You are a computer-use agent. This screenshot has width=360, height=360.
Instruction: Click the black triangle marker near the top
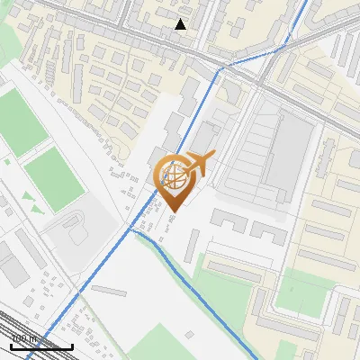click(181, 24)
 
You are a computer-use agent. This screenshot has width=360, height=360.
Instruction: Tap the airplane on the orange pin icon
click(199, 164)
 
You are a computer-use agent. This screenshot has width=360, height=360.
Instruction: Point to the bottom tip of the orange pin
click(174, 211)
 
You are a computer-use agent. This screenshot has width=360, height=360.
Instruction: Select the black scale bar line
click(41, 346)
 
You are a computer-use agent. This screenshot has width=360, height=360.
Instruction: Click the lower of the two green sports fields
click(52, 179)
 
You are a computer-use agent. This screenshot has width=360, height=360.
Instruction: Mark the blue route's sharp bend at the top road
click(224, 66)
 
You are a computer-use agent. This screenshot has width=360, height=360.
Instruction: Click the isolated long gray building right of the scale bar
click(109, 291)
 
